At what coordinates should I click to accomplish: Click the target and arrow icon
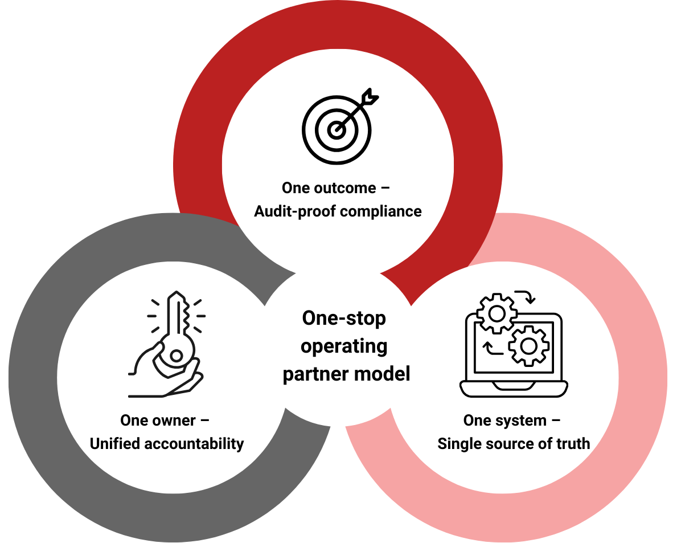(338, 126)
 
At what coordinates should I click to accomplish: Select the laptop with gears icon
(513, 346)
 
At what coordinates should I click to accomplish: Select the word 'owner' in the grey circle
(166, 420)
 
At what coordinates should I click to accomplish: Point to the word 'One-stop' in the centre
(344, 318)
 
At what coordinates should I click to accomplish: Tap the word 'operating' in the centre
(344, 346)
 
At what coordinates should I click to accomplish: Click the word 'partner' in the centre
(314, 374)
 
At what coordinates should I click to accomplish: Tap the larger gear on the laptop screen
(528, 345)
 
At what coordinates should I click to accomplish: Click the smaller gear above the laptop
(497, 313)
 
